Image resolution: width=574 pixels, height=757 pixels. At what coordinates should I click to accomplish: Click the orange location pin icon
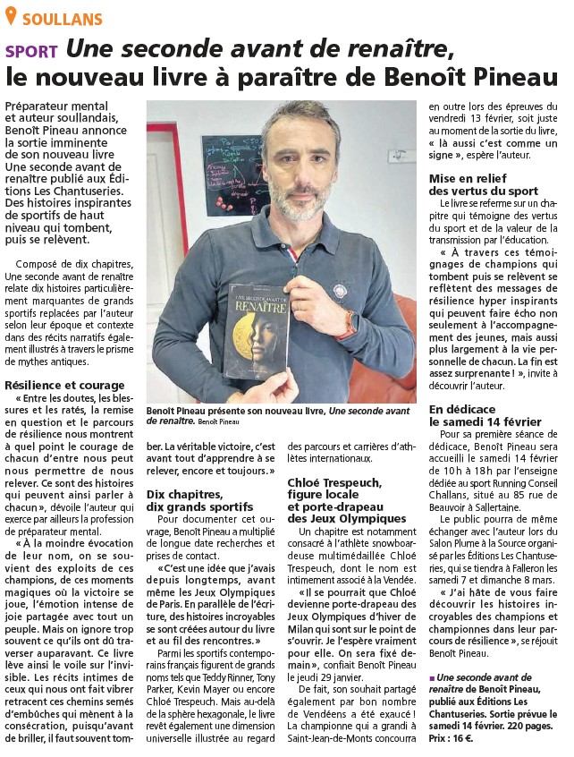click(x=11, y=18)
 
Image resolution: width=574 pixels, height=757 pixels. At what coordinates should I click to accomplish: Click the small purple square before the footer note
click(x=434, y=677)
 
